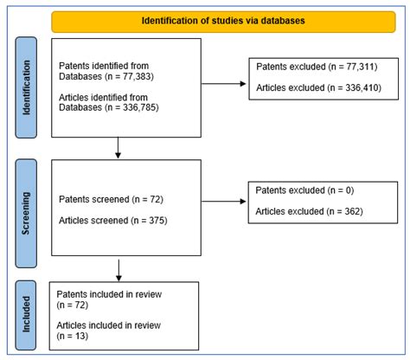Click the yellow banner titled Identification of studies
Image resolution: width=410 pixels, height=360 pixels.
(223, 22)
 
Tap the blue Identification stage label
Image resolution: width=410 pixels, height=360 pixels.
(26, 87)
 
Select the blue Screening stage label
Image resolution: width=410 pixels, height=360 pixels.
(26, 214)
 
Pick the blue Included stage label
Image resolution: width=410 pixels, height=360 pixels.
(26, 315)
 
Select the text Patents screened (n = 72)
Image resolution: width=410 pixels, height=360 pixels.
(111, 199)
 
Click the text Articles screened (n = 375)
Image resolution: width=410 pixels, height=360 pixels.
(113, 221)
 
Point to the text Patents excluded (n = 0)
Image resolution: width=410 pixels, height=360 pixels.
(304, 190)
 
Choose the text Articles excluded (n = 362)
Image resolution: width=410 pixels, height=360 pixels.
(309, 211)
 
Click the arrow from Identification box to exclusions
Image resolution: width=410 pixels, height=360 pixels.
(223, 84)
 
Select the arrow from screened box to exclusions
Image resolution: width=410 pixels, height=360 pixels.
(223, 202)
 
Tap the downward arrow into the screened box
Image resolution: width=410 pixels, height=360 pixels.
(118, 148)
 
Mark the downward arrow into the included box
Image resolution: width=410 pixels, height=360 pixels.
(119, 271)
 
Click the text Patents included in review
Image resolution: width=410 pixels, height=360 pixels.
(109, 294)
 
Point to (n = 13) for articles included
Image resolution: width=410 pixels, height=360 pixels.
(73, 336)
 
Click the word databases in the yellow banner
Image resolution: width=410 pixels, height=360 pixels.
(283, 21)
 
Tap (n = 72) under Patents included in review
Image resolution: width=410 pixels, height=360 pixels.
(73, 305)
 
